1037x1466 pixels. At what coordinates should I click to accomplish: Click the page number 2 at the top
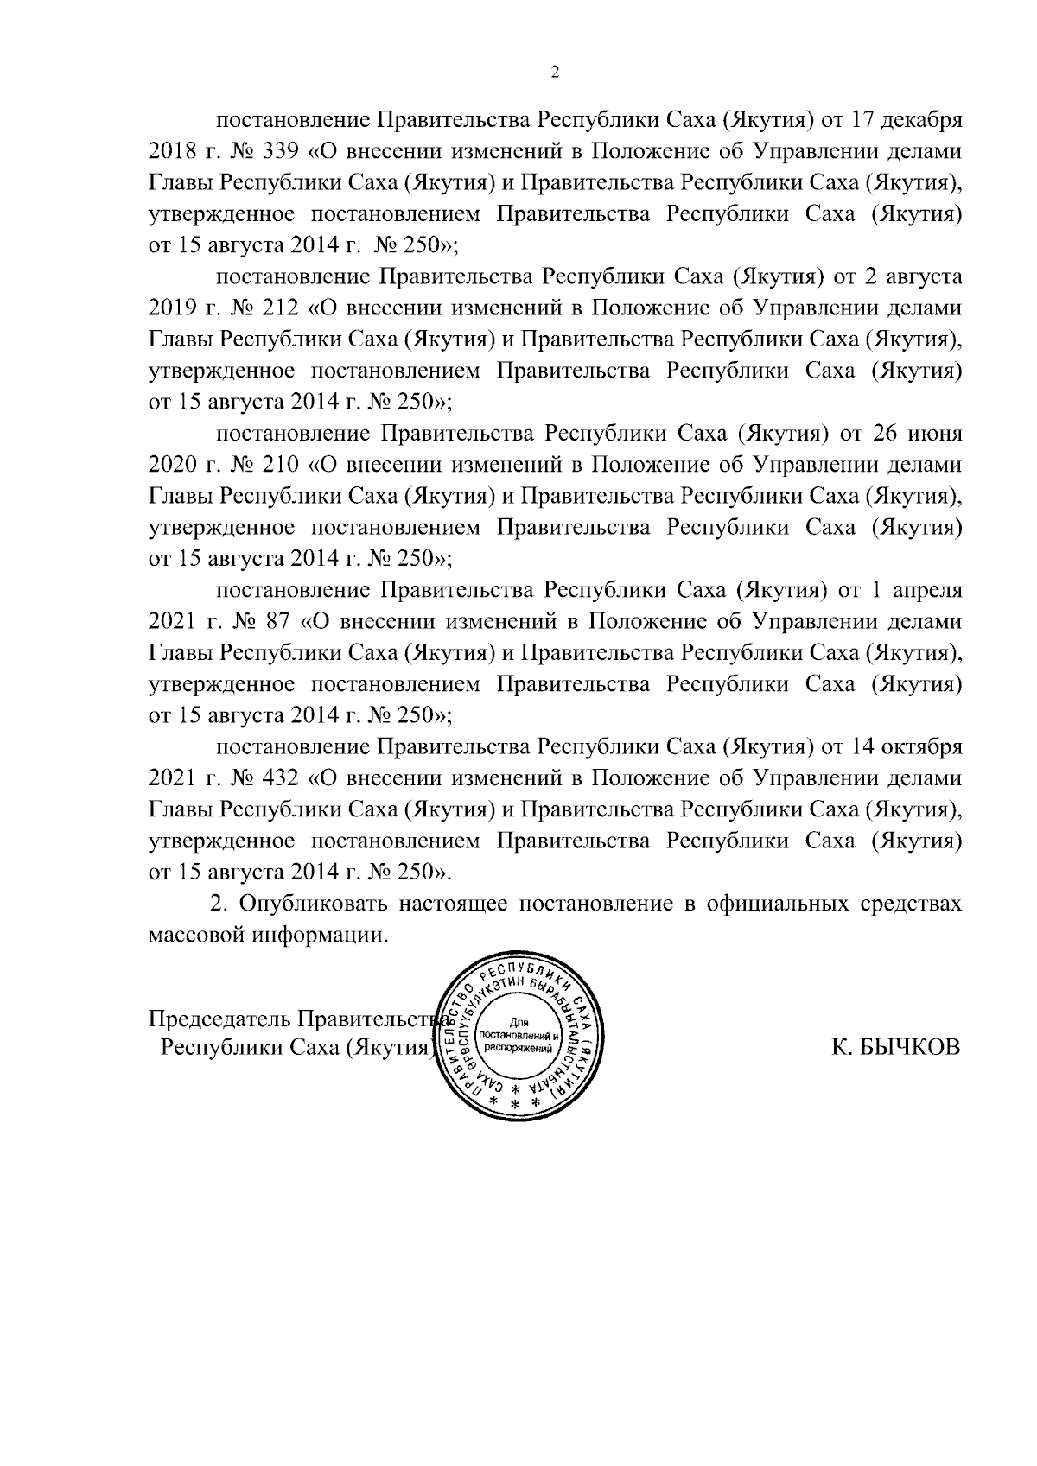[x=555, y=73]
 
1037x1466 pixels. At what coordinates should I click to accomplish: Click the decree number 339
[x=279, y=150]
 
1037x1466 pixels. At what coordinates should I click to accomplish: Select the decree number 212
[x=279, y=308]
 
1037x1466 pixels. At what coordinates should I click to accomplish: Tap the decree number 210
[x=279, y=465]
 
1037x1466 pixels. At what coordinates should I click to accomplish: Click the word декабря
[x=919, y=119]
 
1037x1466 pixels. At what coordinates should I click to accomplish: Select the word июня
[x=932, y=433]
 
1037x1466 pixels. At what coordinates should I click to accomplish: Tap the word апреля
[x=926, y=590]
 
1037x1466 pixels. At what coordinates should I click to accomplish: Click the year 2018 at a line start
[x=173, y=150]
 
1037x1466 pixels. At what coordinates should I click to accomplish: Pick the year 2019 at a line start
[x=173, y=308]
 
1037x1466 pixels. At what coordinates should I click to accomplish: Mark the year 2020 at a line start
[x=173, y=465]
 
